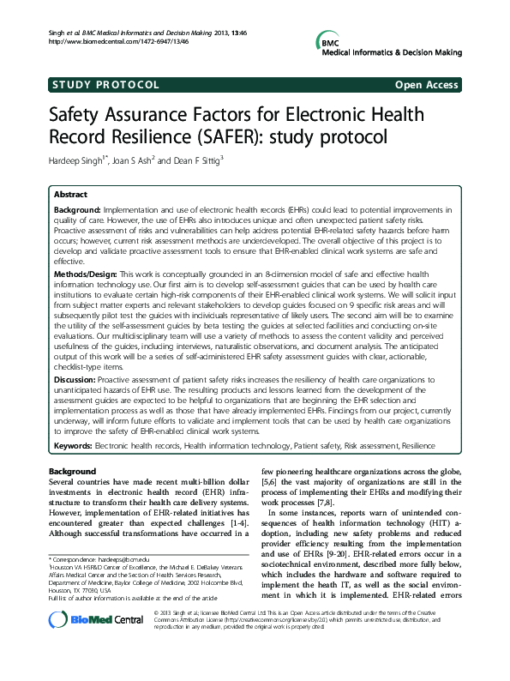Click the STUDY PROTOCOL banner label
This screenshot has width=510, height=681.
coord(105,85)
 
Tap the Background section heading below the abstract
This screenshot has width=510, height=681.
coord(72,472)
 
